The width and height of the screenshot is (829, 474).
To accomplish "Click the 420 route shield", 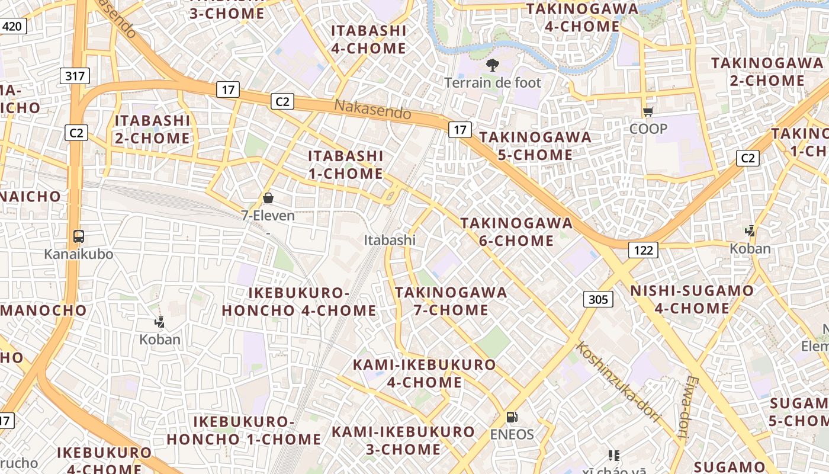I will coord(12,26).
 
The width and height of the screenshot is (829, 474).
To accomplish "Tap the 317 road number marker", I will coord(75,76).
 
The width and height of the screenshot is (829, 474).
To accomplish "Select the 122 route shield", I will coord(643,250).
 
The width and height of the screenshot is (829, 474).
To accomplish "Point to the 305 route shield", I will coord(598,299).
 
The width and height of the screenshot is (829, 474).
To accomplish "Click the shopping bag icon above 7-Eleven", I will coord(268,198).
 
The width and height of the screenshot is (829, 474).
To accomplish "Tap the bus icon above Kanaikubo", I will coord(79,236).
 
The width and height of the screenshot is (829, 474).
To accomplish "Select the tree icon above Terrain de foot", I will coord(492,65).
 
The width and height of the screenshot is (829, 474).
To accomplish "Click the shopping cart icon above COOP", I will coord(648,111).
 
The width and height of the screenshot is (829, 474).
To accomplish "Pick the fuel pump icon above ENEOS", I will coord(512,417).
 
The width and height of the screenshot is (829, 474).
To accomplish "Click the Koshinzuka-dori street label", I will coord(618,382).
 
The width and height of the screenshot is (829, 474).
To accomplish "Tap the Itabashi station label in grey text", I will coord(390,240).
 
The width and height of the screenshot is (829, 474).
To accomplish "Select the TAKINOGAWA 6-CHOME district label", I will coord(516,232).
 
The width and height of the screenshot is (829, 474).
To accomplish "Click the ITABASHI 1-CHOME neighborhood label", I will coord(346,165).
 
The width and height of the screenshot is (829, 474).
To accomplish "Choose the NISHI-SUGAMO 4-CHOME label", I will coord(692,299).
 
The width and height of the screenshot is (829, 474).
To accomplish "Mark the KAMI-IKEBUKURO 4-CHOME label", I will coord(424,373).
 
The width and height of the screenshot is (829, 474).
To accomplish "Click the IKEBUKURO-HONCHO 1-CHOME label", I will coord(244,431).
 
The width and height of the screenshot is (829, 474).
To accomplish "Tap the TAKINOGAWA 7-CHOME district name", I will coord(451,301).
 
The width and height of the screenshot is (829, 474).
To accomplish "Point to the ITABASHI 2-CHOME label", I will coord(152,129).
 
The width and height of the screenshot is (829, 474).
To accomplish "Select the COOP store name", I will coord(648,129).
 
